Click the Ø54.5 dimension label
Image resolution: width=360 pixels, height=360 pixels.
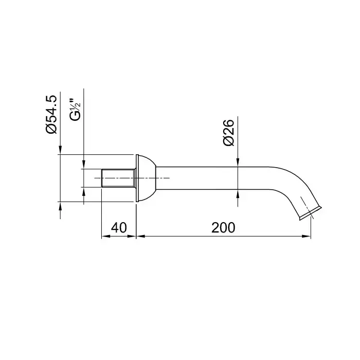coord(51,114)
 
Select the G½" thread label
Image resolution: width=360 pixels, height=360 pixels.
coord(75,110)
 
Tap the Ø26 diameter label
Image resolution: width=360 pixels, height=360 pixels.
coord(228,133)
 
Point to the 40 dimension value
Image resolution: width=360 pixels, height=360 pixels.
coord(119,227)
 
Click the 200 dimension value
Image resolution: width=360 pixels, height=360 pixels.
coord(223,227)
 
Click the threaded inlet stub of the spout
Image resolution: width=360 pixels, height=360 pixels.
coord(118,178)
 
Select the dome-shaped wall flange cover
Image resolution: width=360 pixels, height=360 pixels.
coord(147,178)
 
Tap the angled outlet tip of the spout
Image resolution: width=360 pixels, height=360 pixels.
coord(311,213)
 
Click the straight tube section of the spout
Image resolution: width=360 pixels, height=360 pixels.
coord(212,178)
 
